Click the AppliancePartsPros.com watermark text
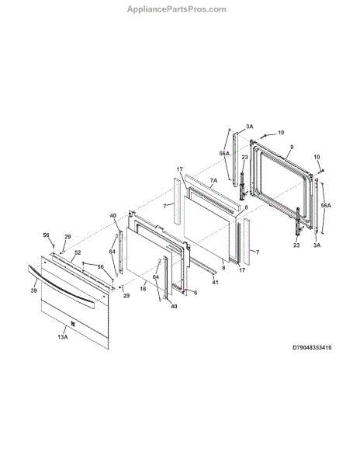tap(177, 9)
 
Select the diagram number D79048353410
tap(312, 347)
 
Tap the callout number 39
tap(34, 290)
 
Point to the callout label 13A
tap(63, 337)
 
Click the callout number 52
tap(78, 252)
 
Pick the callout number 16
tap(143, 289)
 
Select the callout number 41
tap(215, 282)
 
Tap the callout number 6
tap(196, 293)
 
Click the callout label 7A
tap(213, 180)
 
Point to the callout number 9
tap(292, 147)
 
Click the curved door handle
tap(61, 286)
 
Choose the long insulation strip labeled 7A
tap(212, 194)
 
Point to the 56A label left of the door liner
tap(225, 153)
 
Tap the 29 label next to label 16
tap(126, 296)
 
